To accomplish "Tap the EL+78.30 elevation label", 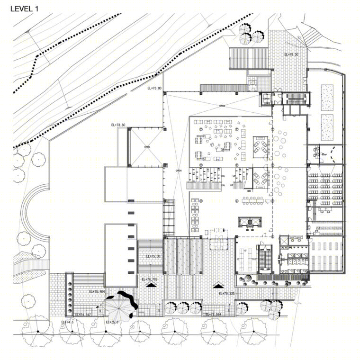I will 291,55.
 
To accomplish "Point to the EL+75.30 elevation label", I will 153,256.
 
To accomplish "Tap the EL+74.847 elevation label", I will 83,314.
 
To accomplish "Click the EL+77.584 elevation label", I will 214,314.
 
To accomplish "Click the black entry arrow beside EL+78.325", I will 218,285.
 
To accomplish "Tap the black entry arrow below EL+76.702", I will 152,286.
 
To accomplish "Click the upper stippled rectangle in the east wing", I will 327,97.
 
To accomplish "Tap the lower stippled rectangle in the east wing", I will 327,127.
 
